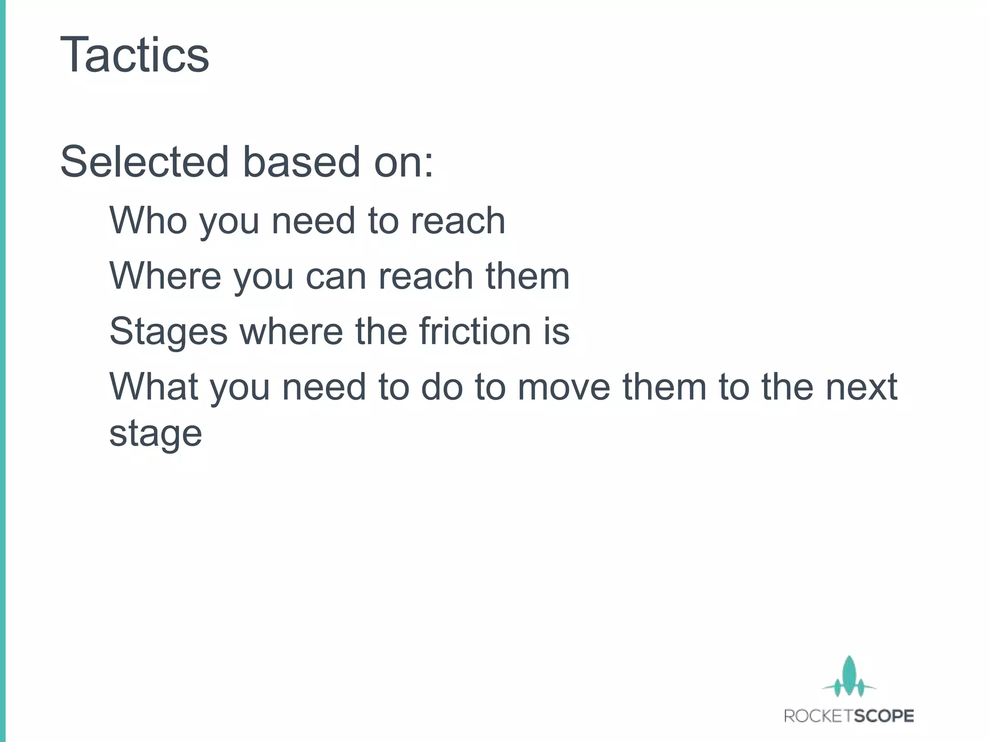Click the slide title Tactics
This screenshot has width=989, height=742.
point(135,55)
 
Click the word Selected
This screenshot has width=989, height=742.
point(144,162)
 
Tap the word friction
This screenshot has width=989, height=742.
point(475,331)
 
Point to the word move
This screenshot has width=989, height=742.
point(564,387)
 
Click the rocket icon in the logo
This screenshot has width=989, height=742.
point(849,676)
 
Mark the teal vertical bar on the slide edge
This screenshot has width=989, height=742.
point(2,371)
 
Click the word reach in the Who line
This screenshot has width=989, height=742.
point(457,221)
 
